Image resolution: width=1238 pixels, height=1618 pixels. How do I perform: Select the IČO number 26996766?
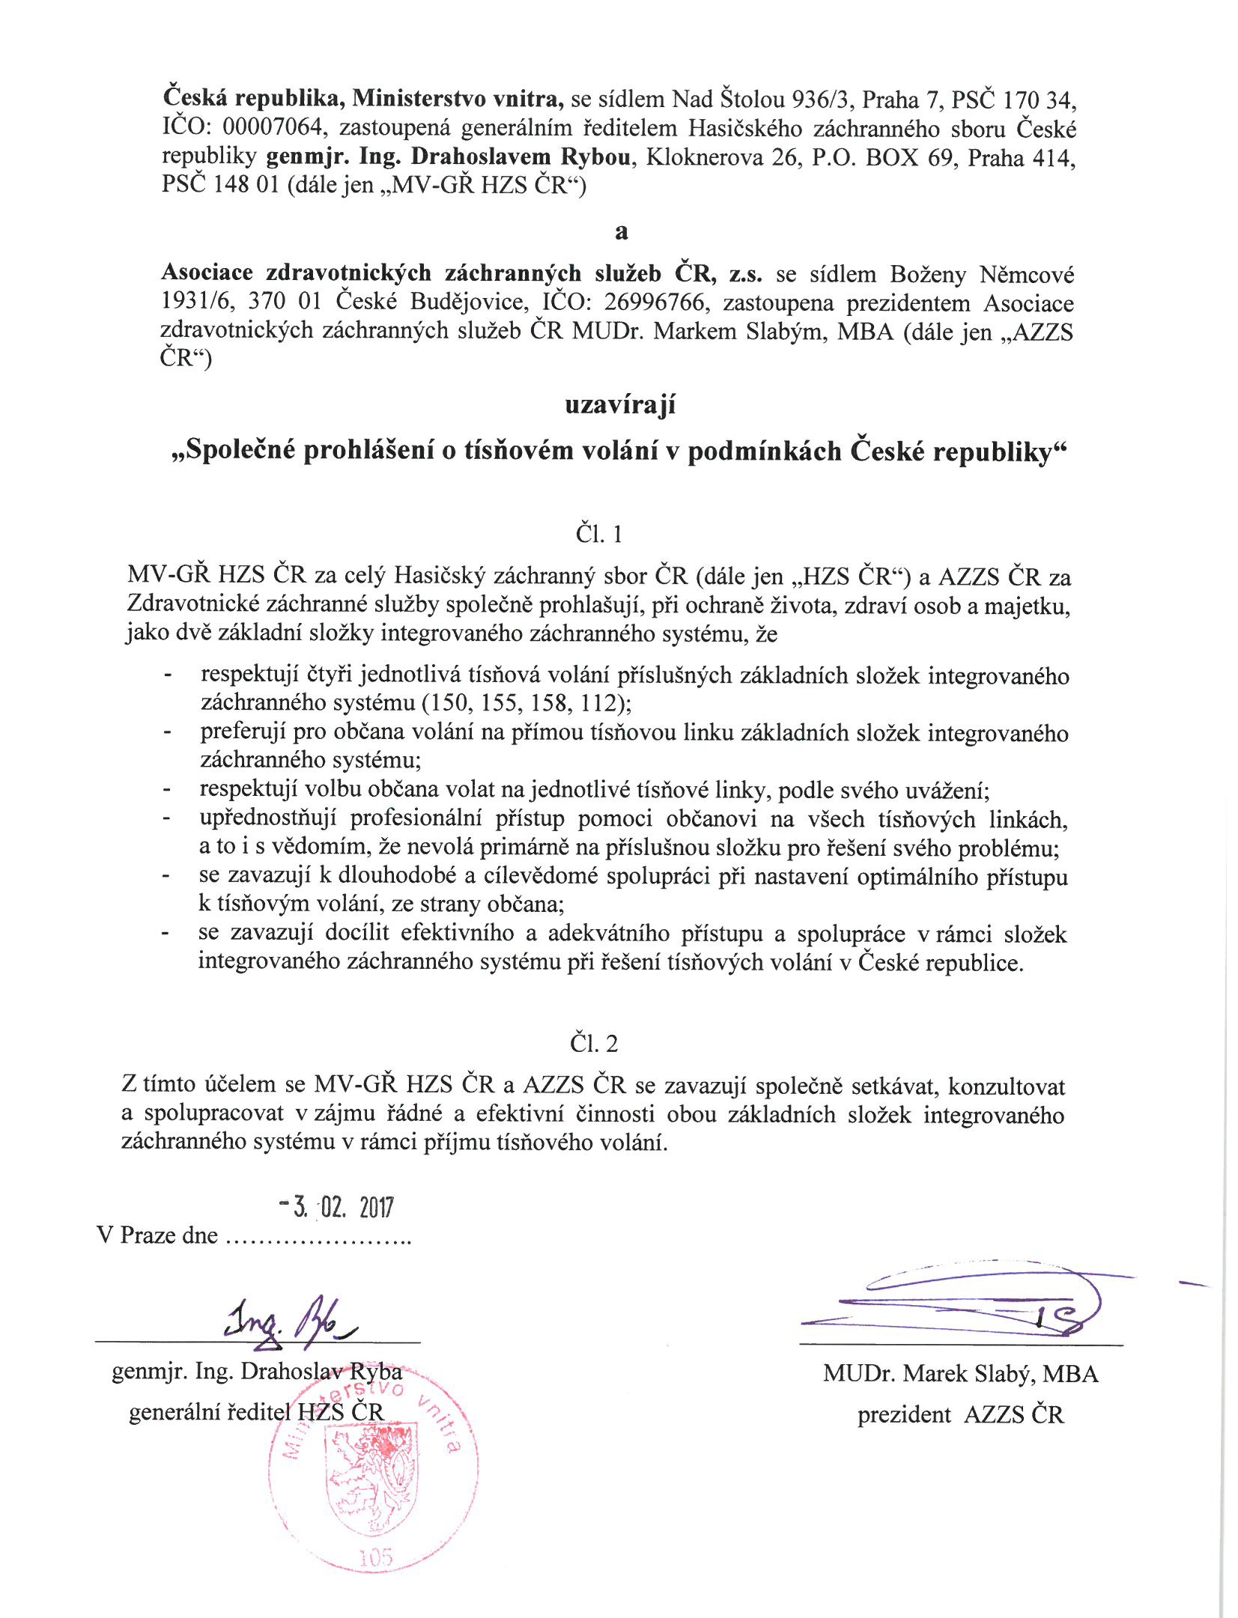coord(654,302)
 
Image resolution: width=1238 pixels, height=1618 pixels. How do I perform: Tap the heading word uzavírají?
coord(620,405)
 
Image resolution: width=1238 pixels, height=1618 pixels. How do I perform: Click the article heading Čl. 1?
coord(598,534)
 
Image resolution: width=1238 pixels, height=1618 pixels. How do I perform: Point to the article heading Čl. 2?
coord(594,1043)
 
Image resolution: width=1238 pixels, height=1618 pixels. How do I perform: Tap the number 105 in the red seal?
coord(375,1557)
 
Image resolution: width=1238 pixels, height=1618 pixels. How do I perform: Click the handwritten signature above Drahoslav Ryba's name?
coord(289,1321)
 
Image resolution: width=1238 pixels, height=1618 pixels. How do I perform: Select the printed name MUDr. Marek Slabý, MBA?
coord(960,1373)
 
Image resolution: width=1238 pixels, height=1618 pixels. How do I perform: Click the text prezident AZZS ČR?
coord(960,1414)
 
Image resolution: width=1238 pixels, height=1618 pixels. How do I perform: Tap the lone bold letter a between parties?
coord(621,231)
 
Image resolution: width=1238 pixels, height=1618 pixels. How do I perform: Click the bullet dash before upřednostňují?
coord(167,819)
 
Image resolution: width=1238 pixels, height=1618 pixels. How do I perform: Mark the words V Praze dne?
coord(157,1235)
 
